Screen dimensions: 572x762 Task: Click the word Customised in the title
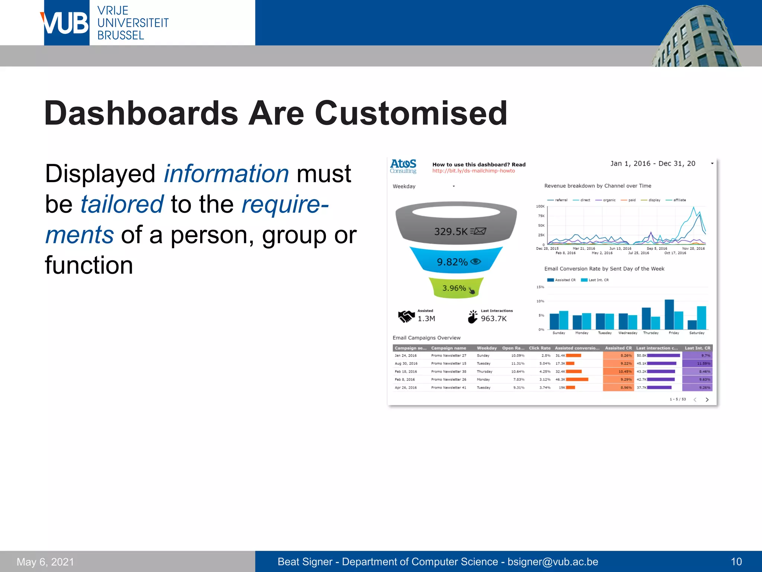pyautogui.click(x=411, y=113)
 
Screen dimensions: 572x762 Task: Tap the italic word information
pyautogui.click(x=226, y=174)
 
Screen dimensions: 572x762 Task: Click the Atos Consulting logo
pyautogui.click(x=403, y=166)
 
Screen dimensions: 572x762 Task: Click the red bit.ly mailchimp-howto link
pyautogui.click(x=473, y=171)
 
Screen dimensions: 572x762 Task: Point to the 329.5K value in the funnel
pyautogui.click(x=451, y=232)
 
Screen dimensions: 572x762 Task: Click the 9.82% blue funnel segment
pyautogui.click(x=452, y=262)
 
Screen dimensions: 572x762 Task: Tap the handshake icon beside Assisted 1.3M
pyautogui.click(x=406, y=316)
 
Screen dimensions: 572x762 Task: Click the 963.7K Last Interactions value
pyautogui.click(x=493, y=319)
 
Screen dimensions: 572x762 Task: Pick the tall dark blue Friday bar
pyautogui.click(x=669, y=314)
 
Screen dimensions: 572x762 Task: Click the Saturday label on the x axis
pyautogui.click(x=697, y=333)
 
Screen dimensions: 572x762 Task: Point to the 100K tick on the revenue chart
pyautogui.click(x=540, y=206)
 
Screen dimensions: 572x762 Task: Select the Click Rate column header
pyautogui.click(x=540, y=348)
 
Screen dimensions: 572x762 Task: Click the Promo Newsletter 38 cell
pyautogui.click(x=448, y=372)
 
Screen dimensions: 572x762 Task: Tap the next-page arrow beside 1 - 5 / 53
pyautogui.click(x=707, y=400)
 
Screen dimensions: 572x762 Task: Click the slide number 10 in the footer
pyautogui.click(x=736, y=562)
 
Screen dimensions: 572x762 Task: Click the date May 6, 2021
pyautogui.click(x=45, y=562)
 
